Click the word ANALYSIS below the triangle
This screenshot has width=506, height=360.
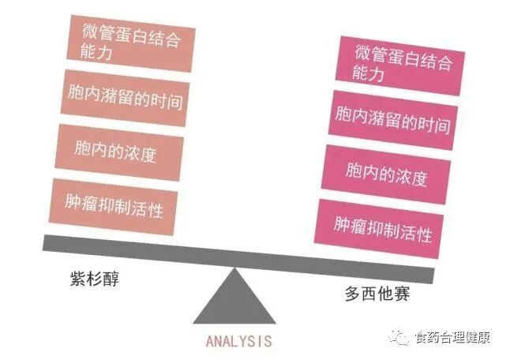tap(238, 341)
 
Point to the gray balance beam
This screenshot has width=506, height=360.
tap(237, 259)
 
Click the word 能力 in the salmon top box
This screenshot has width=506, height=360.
tap(97, 54)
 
